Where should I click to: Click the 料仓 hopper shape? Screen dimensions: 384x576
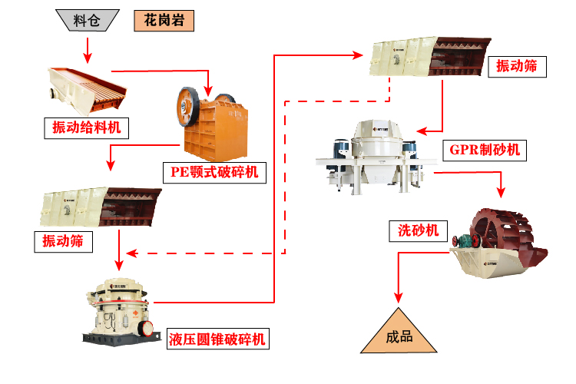pos(87,20)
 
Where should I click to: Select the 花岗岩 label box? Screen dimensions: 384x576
pos(164,20)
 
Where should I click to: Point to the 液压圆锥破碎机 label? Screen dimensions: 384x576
pos(218,338)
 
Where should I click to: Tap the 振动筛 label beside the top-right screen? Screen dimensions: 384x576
pos(517,68)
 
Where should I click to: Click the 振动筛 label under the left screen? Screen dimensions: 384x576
pos(62,241)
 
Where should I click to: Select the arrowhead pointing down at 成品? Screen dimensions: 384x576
pos(398,296)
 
